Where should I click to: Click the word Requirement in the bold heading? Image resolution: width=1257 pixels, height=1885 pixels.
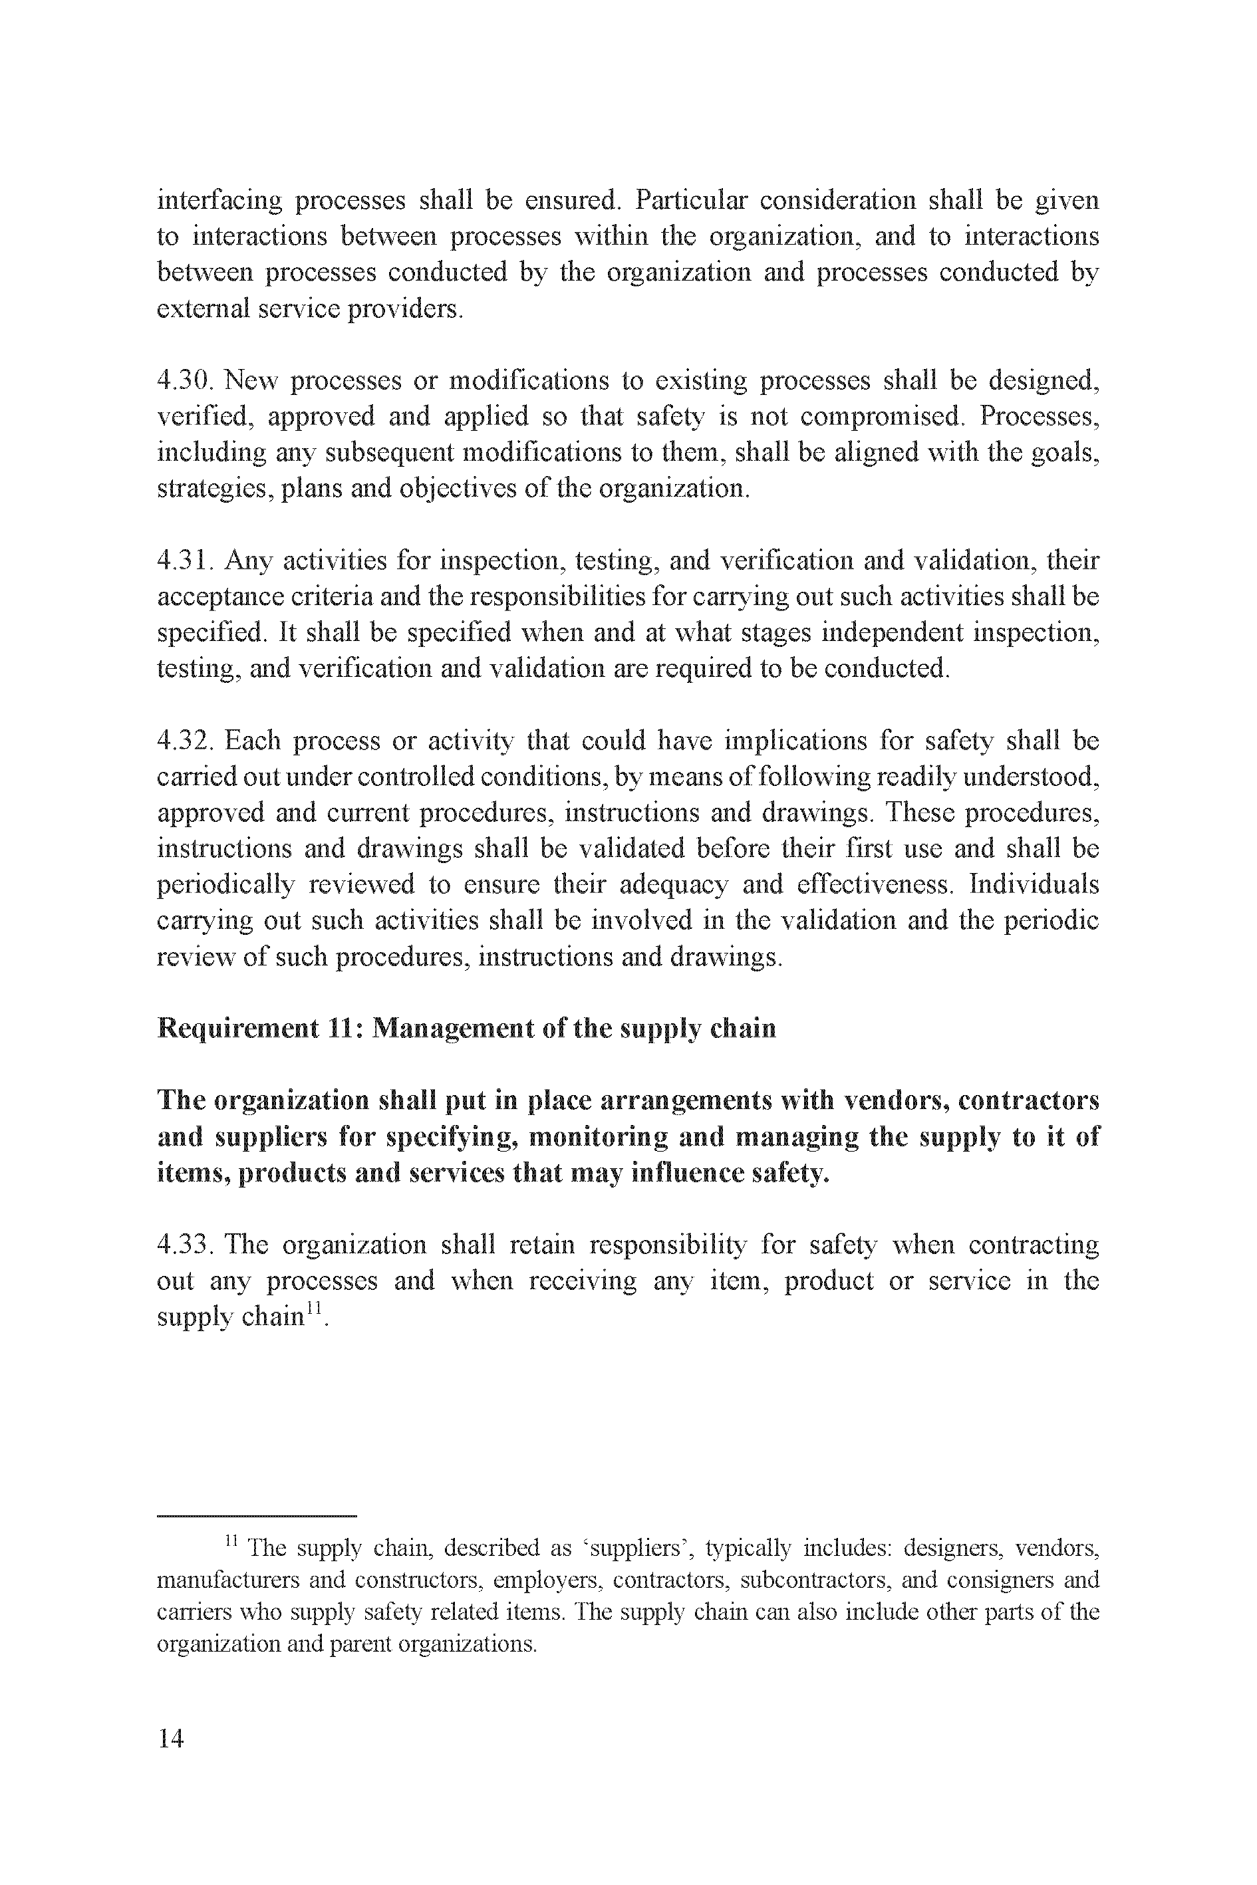[x=237, y=1028]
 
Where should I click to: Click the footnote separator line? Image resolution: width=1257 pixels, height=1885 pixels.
[x=257, y=1515]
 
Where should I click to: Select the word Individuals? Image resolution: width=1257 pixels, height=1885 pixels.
[x=1034, y=885]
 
